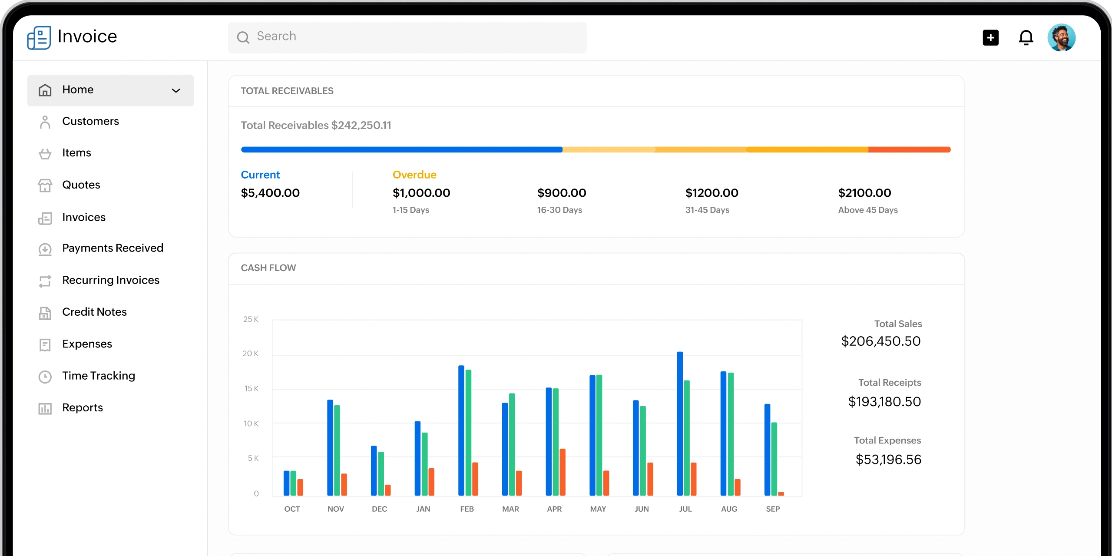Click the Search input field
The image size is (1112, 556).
[407, 37]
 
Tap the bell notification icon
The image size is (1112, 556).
[1026, 38]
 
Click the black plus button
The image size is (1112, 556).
[990, 38]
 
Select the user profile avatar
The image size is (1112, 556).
[1061, 38]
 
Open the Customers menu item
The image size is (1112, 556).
[90, 121]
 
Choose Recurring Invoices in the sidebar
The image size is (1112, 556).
[111, 280]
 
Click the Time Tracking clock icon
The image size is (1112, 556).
[45, 377]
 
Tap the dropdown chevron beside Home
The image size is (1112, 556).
[176, 90]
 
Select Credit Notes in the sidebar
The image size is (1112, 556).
[94, 312]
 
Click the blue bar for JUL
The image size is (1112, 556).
[680, 424]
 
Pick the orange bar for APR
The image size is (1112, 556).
[563, 472]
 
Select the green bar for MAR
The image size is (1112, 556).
[512, 444]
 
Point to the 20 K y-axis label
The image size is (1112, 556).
[251, 354]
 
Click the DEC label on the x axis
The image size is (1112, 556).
[379, 509]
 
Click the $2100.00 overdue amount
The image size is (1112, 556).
[864, 193]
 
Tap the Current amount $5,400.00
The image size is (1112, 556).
[270, 193]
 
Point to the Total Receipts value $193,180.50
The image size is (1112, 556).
[884, 402]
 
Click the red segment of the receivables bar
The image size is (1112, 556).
[909, 149]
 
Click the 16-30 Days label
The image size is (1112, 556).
[559, 210]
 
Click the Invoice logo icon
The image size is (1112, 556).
[39, 38]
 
